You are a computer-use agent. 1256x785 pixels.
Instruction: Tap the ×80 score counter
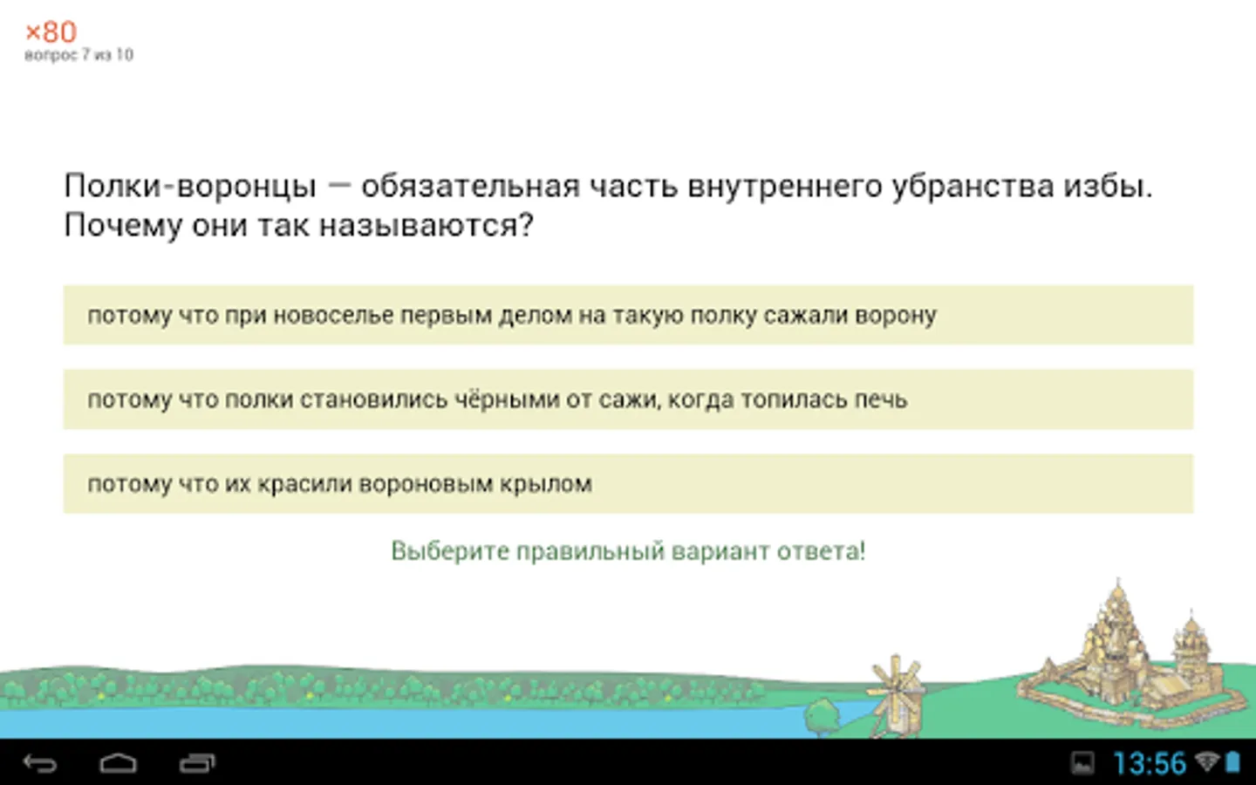click(x=51, y=32)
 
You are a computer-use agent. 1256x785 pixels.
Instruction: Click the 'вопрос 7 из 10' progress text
click(x=79, y=55)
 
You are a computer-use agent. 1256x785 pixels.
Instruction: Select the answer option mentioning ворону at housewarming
click(x=628, y=315)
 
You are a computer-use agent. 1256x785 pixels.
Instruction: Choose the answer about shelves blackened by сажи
click(x=628, y=399)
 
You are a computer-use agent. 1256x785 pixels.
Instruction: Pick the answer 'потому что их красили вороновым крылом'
click(x=628, y=483)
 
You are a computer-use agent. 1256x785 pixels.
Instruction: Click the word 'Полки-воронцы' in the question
click(x=191, y=186)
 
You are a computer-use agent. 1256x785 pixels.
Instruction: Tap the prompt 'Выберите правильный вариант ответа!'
click(x=628, y=550)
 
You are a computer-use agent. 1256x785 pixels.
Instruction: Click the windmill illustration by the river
click(x=896, y=695)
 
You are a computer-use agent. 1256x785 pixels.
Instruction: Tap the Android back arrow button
click(x=40, y=763)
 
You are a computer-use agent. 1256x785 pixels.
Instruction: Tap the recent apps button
click(x=197, y=763)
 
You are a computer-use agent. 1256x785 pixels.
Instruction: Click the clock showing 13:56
click(x=1150, y=763)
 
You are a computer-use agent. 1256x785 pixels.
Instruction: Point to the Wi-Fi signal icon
click(x=1207, y=762)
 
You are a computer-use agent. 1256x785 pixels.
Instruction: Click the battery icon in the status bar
click(x=1233, y=762)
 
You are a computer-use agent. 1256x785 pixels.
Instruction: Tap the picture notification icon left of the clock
click(x=1082, y=762)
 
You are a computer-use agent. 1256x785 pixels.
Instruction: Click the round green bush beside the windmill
click(x=823, y=717)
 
